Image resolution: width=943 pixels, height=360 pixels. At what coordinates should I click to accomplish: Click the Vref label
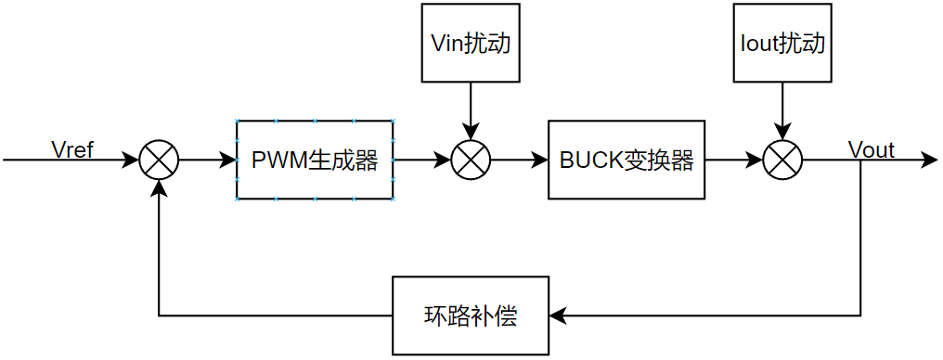coord(72,149)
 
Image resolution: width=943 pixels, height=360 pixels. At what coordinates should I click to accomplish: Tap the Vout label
coord(871,150)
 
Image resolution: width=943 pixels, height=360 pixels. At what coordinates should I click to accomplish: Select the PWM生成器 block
coord(315,160)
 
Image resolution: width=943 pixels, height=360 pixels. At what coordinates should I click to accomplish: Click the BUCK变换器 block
coord(627,160)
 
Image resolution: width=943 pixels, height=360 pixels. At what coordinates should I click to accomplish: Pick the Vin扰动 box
coord(471,43)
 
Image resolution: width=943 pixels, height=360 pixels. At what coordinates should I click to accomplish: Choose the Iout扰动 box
coord(782,43)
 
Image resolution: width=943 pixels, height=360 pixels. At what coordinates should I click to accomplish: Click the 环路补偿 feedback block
coord(471,315)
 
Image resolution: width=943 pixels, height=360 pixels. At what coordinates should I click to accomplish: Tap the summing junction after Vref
coord(159,161)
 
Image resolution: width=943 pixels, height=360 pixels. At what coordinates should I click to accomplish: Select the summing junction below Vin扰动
coord(471,161)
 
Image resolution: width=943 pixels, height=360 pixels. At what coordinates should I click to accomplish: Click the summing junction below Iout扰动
coord(782,161)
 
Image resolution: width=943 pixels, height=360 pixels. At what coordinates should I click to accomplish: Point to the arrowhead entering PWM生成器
coord(228,161)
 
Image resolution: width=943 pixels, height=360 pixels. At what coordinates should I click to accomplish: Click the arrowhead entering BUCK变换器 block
coord(540,161)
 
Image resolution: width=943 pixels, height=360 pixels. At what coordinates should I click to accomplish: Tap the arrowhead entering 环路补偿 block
coord(558,315)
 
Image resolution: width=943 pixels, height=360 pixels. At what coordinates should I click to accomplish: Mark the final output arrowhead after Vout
coord(930,161)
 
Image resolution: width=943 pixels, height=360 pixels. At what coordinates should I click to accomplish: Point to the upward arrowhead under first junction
coord(159,187)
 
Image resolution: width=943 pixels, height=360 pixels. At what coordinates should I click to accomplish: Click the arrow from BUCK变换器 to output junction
coord(733,161)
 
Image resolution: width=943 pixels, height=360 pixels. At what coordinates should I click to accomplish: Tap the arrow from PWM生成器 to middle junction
coord(421,161)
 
